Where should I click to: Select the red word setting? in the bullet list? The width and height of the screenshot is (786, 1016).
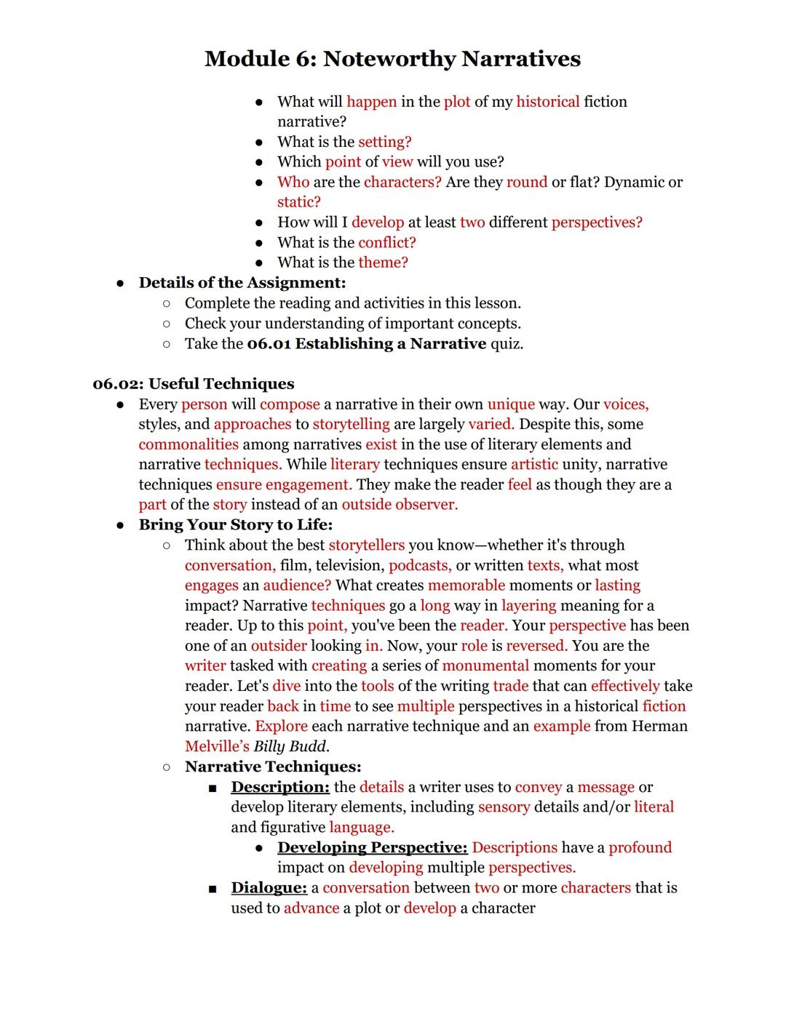click(384, 142)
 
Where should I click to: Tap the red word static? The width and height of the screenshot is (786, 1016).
click(298, 202)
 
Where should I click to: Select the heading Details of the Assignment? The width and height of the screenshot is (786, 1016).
click(242, 282)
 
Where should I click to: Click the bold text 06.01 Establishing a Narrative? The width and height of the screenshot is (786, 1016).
click(366, 343)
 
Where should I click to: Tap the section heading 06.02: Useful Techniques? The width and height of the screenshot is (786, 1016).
click(194, 384)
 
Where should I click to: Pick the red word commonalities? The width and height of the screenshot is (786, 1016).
click(188, 444)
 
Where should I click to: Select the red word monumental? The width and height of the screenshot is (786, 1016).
click(485, 665)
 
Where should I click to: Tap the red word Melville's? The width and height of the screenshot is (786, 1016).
click(217, 746)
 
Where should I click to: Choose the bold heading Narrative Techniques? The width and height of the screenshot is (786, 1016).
click(273, 767)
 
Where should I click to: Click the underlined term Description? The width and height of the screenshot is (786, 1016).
click(280, 787)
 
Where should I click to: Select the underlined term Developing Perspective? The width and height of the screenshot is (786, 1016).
click(372, 847)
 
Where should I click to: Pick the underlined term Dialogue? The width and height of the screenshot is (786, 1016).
click(269, 888)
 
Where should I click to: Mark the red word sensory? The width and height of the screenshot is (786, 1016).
click(504, 807)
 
